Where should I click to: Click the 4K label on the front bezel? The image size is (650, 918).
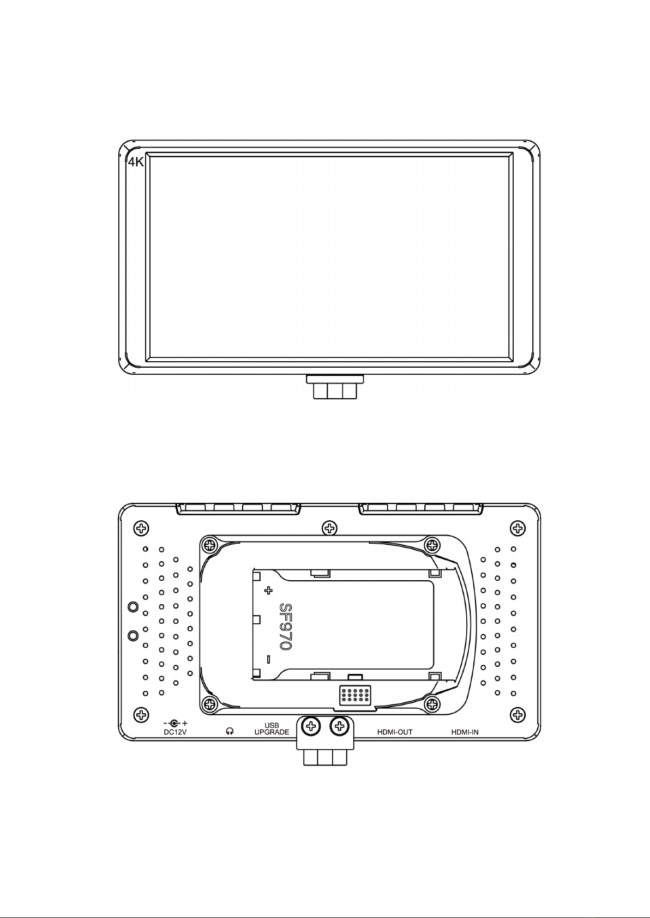(136, 162)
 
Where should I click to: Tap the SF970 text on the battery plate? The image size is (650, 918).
(285, 627)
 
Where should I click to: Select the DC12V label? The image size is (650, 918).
(175, 732)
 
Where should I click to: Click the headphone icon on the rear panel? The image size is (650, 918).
(230, 732)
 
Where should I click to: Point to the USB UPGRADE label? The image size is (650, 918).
(272, 728)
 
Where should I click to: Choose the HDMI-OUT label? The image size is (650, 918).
(394, 732)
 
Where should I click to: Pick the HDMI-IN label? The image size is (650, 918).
(465, 732)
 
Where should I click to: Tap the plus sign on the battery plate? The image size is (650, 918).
(268, 591)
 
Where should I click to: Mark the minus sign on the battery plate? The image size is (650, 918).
(268, 659)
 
